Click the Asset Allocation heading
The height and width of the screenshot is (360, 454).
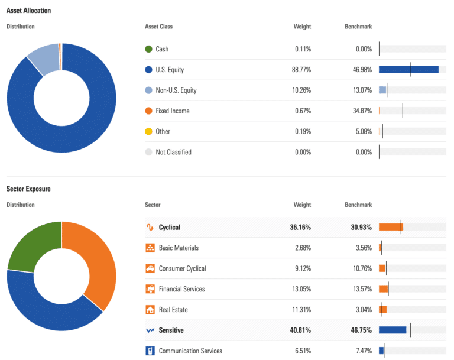(28, 11)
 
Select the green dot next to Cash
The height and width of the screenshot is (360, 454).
(148, 49)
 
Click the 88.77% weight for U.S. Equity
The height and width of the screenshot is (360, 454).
(301, 70)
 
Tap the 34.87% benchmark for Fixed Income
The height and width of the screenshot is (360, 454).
(359, 111)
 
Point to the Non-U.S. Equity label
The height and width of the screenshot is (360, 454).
(176, 90)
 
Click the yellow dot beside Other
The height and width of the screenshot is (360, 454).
(148, 131)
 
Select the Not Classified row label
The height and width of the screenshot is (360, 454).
(173, 152)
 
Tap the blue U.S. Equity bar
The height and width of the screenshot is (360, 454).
(408, 70)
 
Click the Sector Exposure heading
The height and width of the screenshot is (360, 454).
(28, 189)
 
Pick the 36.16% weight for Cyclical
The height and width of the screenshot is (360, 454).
(300, 227)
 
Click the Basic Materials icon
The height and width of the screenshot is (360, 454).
(150, 248)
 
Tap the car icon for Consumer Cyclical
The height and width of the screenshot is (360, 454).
(150, 268)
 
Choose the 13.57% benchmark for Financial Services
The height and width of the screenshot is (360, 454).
(359, 289)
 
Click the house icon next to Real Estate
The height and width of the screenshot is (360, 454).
(150, 310)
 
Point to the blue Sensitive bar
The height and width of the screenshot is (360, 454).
(392, 330)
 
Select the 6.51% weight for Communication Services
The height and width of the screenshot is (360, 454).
(302, 351)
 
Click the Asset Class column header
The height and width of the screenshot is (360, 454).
(158, 27)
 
